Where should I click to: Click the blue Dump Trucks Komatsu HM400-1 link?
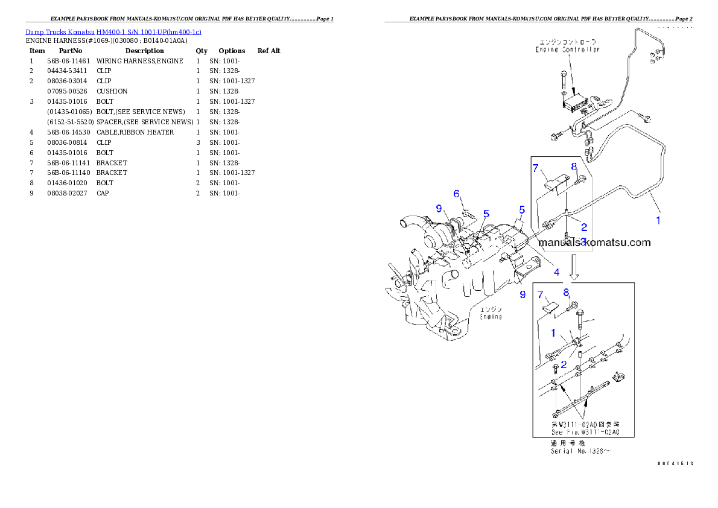click(113, 31)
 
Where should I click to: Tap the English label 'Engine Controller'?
click(567, 49)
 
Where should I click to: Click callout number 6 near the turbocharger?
click(457, 194)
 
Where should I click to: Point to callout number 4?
click(556, 272)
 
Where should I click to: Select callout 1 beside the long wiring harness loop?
click(658, 220)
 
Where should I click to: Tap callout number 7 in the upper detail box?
click(535, 168)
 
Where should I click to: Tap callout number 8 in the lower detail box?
click(566, 293)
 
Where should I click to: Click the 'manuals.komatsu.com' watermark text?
click(594, 243)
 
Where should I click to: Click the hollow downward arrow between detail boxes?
click(574, 267)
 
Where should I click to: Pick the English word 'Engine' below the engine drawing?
click(491, 317)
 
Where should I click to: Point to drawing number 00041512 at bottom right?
click(675, 463)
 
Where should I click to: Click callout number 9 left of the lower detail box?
click(523, 294)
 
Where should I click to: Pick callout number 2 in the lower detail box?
click(564, 364)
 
